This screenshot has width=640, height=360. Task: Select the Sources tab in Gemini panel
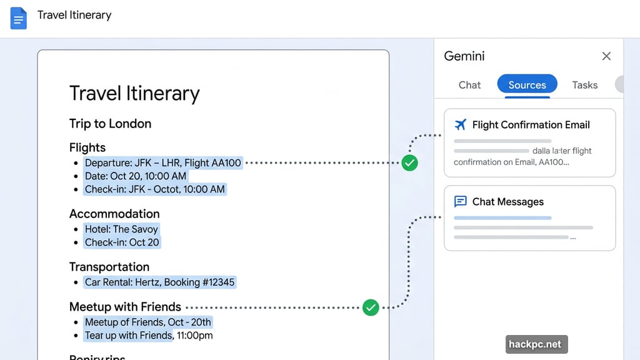click(x=527, y=85)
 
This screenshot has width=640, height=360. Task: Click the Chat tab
click(x=469, y=85)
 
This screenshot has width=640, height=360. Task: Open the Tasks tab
click(x=584, y=85)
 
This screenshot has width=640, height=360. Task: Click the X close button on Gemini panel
click(x=606, y=56)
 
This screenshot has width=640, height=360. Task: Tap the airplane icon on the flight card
click(x=461, y=124)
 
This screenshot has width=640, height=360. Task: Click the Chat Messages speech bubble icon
click(x=461, y=201)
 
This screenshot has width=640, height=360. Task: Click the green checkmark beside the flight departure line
click(x=409, y=163)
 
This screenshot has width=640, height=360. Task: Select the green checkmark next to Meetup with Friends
click(x=371, y=307)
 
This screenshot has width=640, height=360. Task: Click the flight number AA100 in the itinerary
click(x=226, y=163)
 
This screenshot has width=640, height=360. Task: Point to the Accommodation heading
click(x=114, y=214)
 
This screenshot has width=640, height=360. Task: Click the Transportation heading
click(x=109, y=267)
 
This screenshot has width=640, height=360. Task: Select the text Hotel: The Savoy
click(x=122, y=229)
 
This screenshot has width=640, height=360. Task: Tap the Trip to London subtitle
click(x=110, y=123)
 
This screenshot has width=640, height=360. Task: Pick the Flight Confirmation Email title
click(x=531, y=124)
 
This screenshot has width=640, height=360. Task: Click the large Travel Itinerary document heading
click(x=134, y=93)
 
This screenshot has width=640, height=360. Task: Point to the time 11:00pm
click(x=194, y=336)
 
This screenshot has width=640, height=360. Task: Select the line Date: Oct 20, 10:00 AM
click(x=136, y=176)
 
